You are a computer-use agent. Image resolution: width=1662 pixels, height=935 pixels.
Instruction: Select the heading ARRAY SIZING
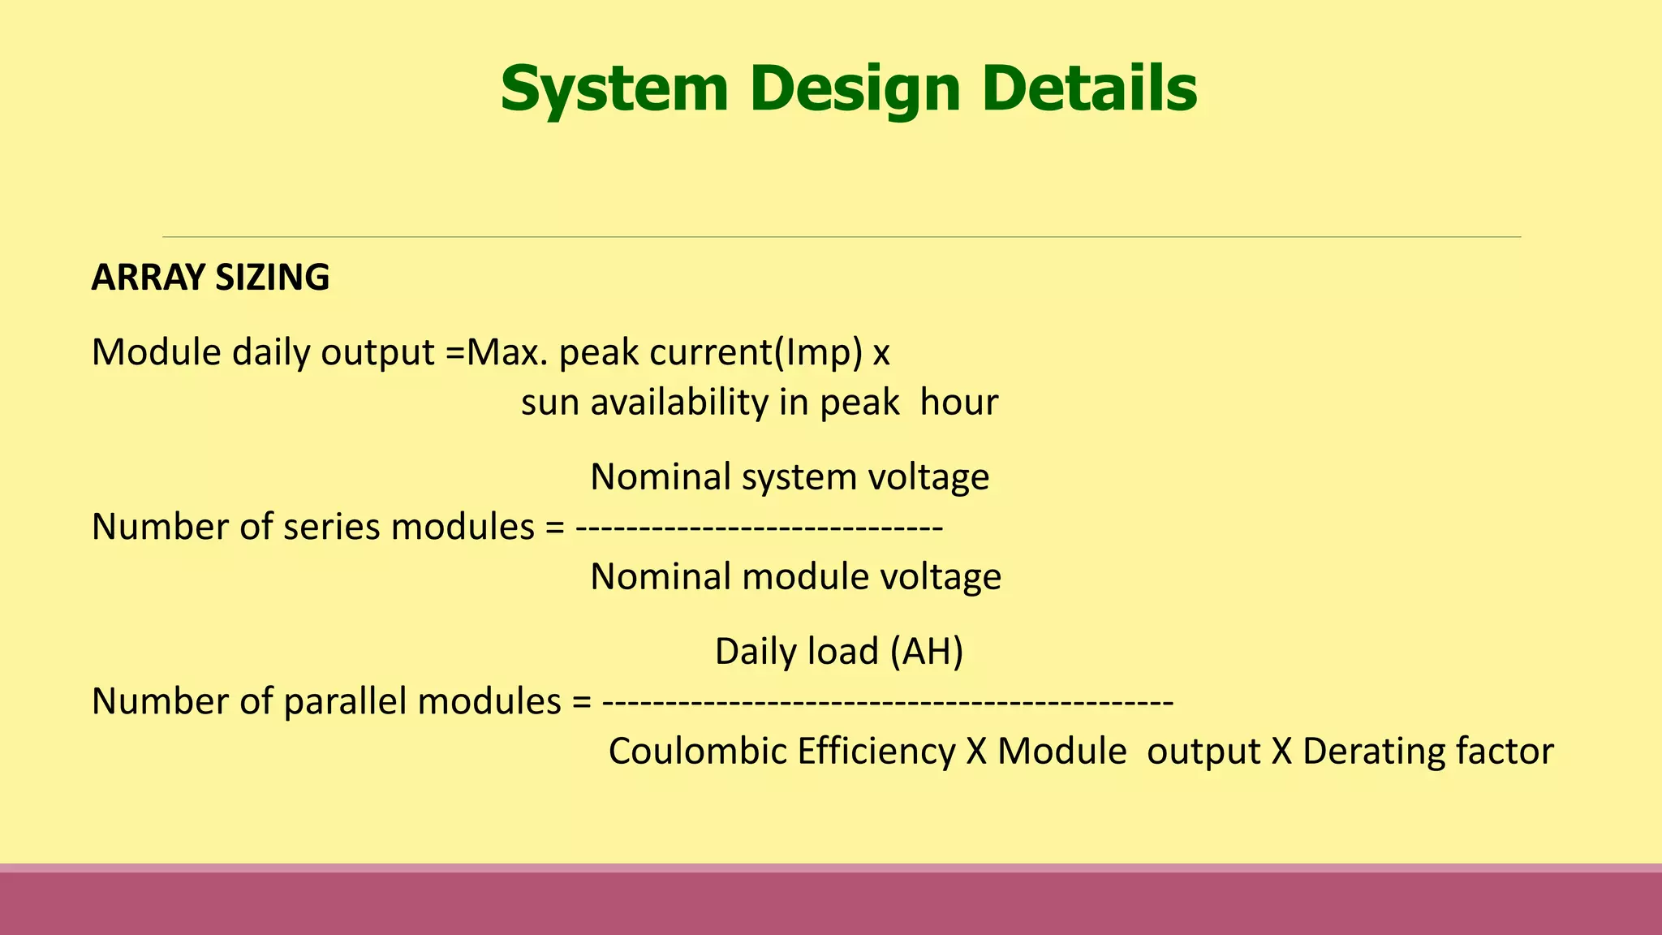point(210,278)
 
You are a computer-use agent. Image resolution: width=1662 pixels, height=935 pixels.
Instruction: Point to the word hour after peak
point(958,403)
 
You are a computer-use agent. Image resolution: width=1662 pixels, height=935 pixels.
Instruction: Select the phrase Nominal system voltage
point(790,476)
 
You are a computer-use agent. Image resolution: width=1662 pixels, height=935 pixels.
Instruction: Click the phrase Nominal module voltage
point(795,577)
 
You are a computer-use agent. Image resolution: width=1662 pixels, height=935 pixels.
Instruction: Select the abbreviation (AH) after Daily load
point(926,652)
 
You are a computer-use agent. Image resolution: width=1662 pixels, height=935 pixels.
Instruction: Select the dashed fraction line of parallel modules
point(887,702)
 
